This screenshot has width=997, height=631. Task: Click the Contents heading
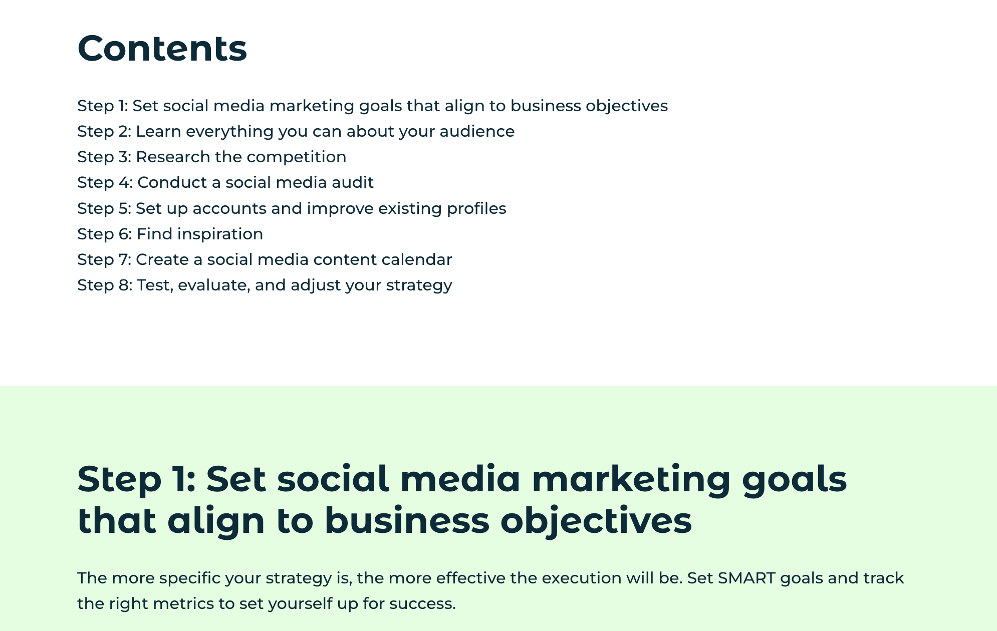pyautogui.click(x=162, y=49)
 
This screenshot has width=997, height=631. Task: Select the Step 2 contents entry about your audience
pyautogui.click(x=296, y=131)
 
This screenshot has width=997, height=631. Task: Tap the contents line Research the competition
pyautogui.click(x=211, y=157)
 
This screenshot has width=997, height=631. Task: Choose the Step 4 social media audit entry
pyautogui.click(x=225, y=182)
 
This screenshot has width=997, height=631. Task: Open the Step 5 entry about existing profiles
pyautogui.click(x=292, y=208)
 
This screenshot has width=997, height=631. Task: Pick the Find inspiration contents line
pyautogui.click(x=170, y=234)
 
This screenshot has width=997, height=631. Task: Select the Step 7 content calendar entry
pyautogui.click(x=265, y=259)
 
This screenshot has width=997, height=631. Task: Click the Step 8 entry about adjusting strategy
pyautogui.click(x=265, y=285)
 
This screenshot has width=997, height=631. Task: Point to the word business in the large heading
pyautogui.click(x=406, y=521)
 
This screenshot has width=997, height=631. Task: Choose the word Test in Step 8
pyautogui.click(x=155, y=285)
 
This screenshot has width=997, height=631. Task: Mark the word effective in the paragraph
pyautogui.click(x=470, y=578)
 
